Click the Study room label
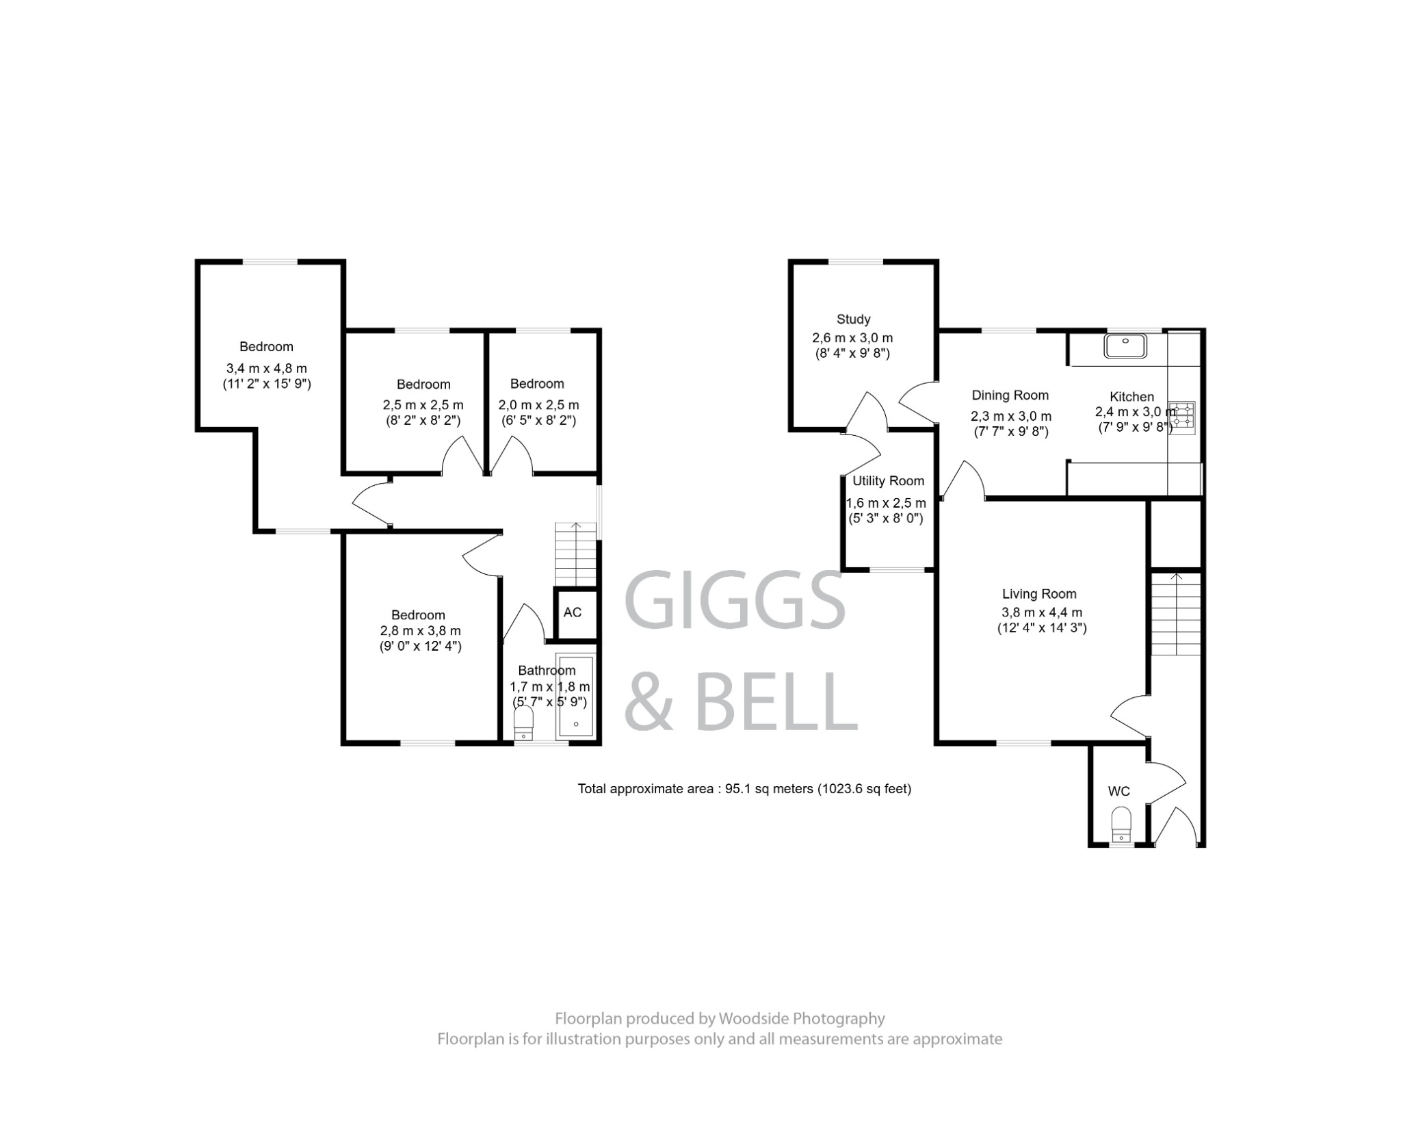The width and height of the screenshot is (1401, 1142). click(853, 319)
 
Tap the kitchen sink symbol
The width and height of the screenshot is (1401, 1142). click(1125, 346)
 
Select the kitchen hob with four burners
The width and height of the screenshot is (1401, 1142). click(1182, 417)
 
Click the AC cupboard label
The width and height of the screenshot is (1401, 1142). click(573, 612)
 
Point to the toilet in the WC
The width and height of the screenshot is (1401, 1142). click(1121, 824)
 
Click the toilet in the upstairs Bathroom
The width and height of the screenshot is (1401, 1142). click(523, 723)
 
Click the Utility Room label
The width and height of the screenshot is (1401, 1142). click(888, 481)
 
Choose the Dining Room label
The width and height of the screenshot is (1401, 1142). click(1010, 395)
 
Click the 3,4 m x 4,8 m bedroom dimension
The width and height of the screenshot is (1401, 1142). click(267, 369)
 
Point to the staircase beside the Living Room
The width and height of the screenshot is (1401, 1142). click(1176, 614)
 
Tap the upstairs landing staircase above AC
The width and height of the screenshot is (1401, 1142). click(576, 554)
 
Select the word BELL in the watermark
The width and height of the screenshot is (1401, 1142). click(776, 701)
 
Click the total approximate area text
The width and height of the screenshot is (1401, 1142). click(744, 789)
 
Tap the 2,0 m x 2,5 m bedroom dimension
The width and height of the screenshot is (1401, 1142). click(538, 405)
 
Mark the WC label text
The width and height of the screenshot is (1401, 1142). click(1118, 792)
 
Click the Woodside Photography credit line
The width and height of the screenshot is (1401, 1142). click(720, 1019)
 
